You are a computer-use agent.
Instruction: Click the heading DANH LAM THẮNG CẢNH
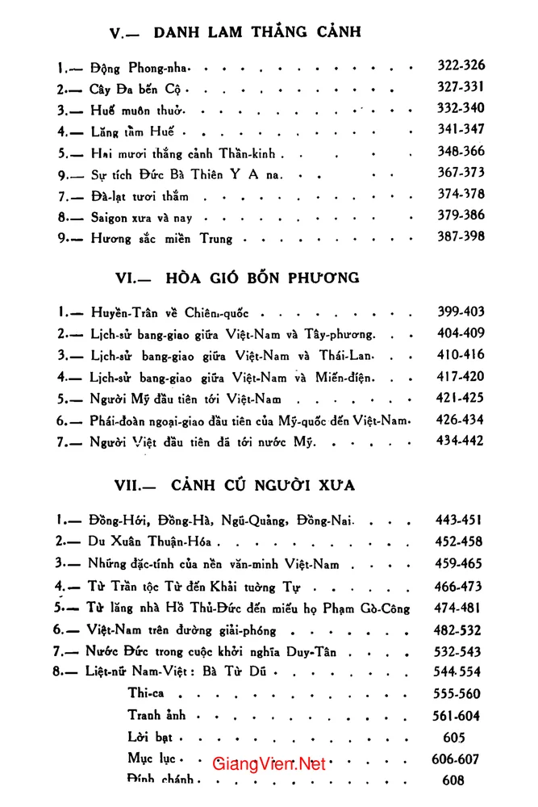(x=256, y=32)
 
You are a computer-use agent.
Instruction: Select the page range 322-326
(x=461, y=66)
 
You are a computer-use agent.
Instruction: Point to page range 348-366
(x=461, y=151)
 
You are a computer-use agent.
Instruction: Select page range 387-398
(x=461, y=237)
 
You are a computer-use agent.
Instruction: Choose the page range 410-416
(x=461, y=354)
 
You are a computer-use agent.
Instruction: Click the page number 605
(x=454, y=737)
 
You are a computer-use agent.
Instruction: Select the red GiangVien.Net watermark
(x=269, y=763)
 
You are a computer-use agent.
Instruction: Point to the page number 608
(x=454, y=780)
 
